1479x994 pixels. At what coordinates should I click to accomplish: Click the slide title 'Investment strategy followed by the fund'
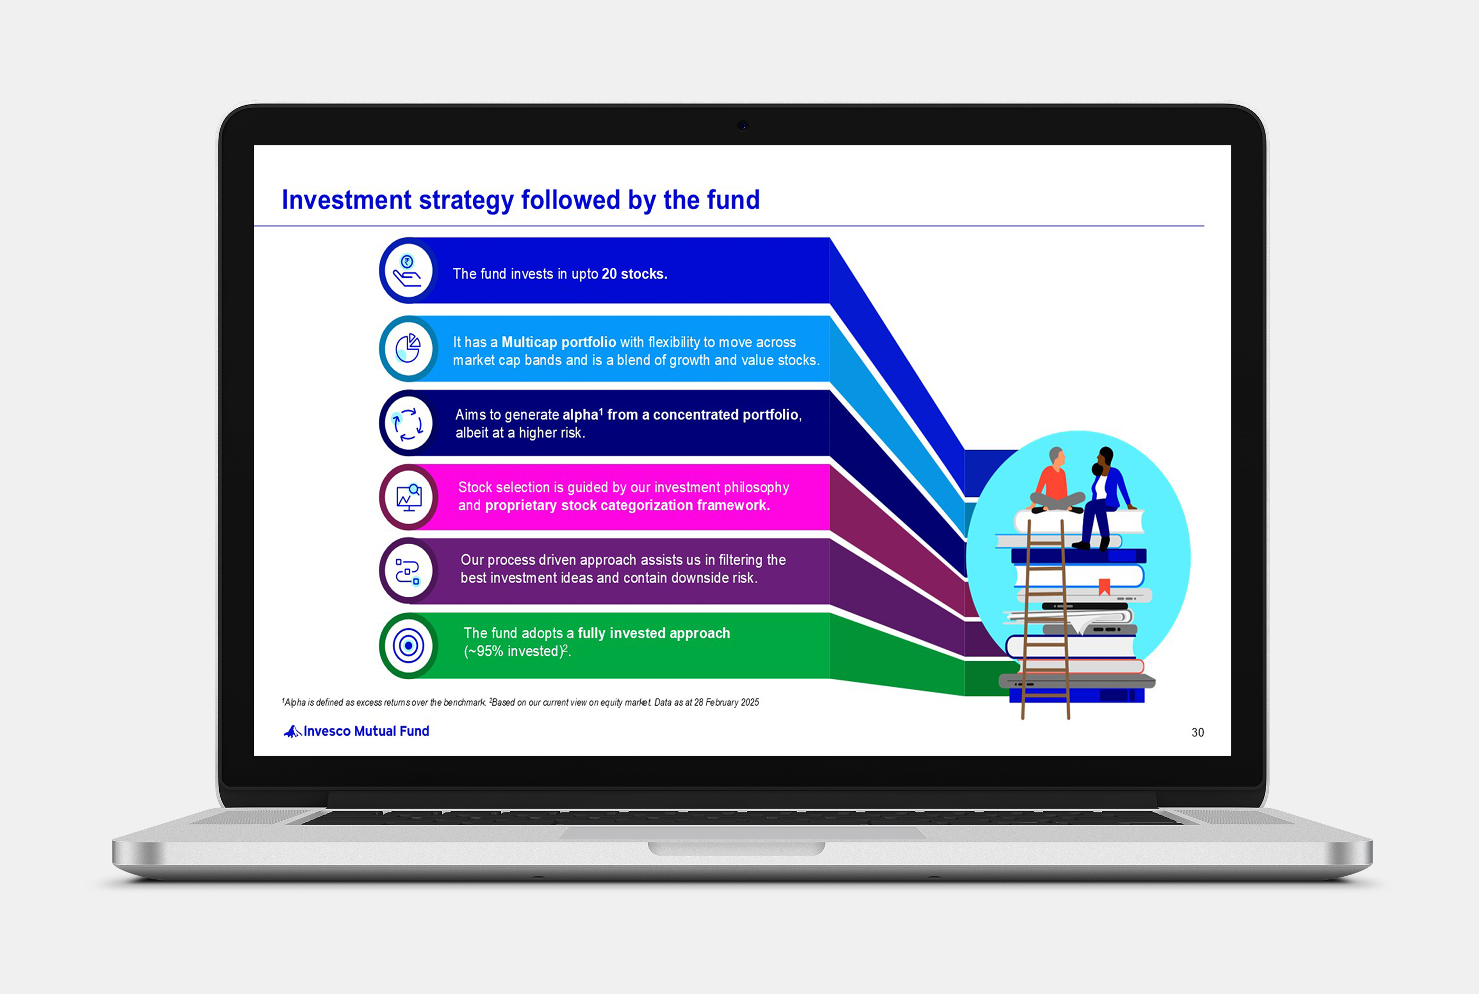pos(520,200)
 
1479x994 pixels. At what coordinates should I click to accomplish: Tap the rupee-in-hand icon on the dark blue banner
pos(407,271)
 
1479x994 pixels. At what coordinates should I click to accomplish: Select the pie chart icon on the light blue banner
pos(408,348)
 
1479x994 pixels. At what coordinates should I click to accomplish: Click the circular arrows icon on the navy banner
pos(408,424)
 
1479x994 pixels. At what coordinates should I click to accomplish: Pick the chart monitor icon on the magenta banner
pos(409,498)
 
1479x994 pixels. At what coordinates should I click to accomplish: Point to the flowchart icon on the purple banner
pos(408,571)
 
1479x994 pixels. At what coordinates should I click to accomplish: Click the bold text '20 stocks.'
pos(634,274)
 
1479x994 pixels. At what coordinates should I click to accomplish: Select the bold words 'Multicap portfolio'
pos(558,342)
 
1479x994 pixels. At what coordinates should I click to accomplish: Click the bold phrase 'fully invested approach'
pos(653,633)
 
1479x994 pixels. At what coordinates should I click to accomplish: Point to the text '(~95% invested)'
pos(513,652)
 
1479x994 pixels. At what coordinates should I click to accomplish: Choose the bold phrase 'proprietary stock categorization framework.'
pos(627,505)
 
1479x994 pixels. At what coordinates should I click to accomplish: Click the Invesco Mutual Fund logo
pos(356,731)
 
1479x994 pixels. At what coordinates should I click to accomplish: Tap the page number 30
pos(1197,732)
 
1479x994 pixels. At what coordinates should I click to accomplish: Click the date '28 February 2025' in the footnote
pos(726,702)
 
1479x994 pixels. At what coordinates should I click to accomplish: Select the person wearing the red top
pos(1055,482)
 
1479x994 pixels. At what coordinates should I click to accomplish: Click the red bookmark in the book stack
pos(1104,586)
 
